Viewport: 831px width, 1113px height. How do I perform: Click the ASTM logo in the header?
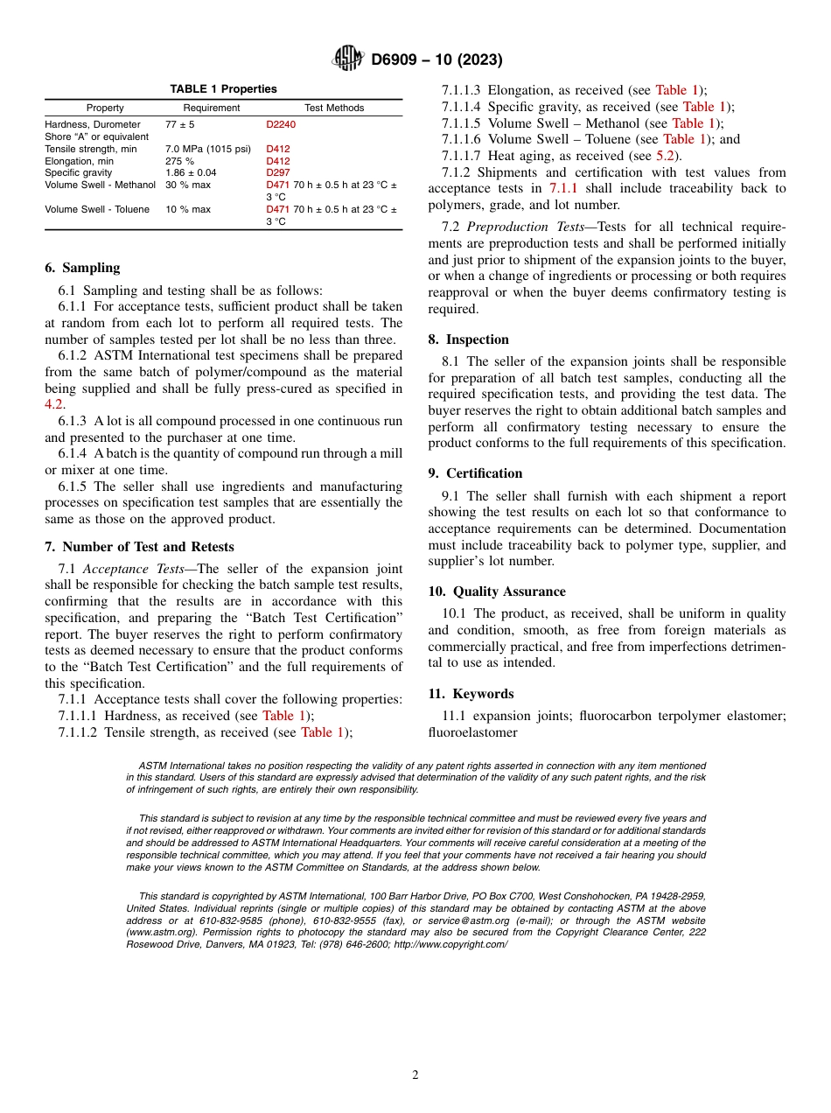click(x=348, y=59)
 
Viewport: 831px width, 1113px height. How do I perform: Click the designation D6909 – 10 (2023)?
click(x=436, y=59)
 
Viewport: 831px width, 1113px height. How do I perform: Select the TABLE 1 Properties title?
click(x=223, y=89)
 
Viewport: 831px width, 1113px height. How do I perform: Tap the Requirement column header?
click(x=212, y=108)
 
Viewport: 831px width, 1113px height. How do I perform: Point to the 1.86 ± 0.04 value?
click(x=191, y=173)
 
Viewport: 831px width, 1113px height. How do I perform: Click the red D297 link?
click(x=277, y=173)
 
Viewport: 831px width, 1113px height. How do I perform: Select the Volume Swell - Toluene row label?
click(x=97, y=209)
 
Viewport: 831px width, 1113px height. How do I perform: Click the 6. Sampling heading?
click(x=82, y=268)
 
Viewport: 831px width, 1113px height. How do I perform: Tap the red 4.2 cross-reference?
click(x=54, y=405)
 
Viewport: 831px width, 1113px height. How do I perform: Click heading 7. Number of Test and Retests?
click(x=139, y=547)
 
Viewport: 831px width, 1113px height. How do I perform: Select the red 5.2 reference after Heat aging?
click(x=664, y=155)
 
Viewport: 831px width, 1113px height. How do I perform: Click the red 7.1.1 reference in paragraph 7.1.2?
click(x=563, y=188)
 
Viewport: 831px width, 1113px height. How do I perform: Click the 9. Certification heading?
click(x=475, y=473)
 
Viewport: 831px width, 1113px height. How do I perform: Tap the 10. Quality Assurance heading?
click(x=497, y=591)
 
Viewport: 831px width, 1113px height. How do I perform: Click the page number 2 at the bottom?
click(x=415, y=1075)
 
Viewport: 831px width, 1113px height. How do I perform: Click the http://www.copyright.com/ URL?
click(x=450, y=944)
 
